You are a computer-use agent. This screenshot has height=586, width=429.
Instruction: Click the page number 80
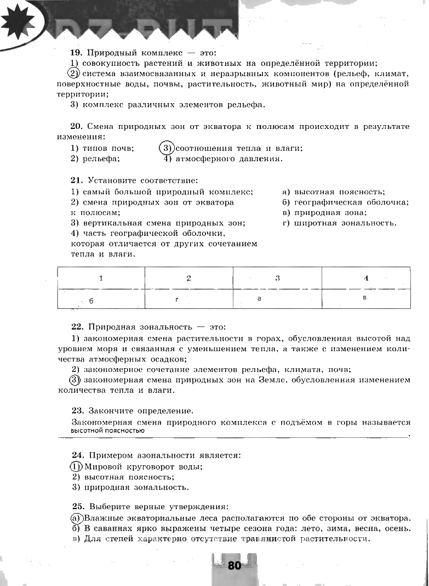[x=234, y=566]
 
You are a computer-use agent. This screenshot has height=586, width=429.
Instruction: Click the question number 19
[x=76, y=53]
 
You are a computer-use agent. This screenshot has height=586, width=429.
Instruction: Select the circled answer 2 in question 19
[x=74, y=74]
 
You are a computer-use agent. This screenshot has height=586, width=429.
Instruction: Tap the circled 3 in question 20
[x=166, y=148]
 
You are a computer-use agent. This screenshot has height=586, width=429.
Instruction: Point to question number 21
[x=76, y=180]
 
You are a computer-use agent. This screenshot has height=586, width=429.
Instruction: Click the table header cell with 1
[x=101, y=278]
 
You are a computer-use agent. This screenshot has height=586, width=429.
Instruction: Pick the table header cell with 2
[x=188, y=278]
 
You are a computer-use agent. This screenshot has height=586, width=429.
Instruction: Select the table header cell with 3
[x=277, y=278]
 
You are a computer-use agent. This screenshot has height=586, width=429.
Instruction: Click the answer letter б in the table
[x=91, y=301]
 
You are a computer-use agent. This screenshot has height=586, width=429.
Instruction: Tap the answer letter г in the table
[x=177, y=299]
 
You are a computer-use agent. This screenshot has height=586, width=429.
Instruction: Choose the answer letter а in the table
[x=259, y=298]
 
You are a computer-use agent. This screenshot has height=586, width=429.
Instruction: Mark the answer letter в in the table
[x=364, y=297]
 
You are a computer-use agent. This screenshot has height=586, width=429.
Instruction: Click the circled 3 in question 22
[x=75, y=380]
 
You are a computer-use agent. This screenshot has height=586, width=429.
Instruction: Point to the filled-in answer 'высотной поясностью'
[x=107, y=431]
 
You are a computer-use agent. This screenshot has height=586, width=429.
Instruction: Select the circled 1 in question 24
[x=76, y=467]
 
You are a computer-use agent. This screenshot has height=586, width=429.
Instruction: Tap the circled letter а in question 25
[x=76, y=518]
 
